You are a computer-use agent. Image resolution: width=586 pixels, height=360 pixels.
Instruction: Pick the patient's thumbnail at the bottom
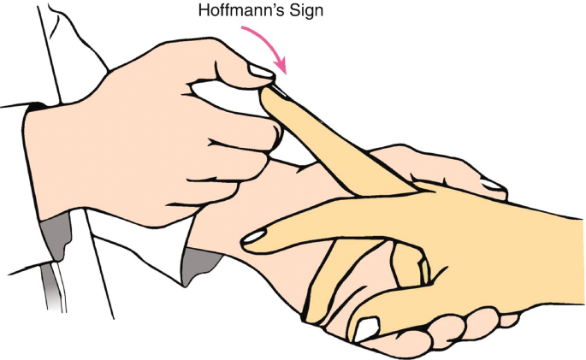[x=367, y=327]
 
